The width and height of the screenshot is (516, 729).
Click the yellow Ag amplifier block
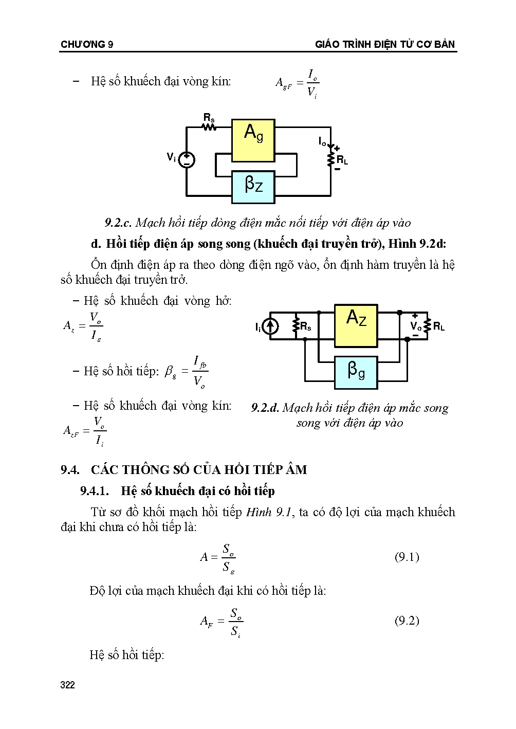pyautogui.click(x=253, y=140)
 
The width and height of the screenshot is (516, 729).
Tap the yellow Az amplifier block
pyautogui.click(x=356, y=325)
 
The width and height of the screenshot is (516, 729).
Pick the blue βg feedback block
pyautogui.click(x=356, y=371)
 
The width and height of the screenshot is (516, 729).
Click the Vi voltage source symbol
pyautogui.click(x=186, y=160)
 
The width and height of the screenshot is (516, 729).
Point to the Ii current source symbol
pyautogui.click(x=271, y=326)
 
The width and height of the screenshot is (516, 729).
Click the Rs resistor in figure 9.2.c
pyautogui.click(x=209, y=126)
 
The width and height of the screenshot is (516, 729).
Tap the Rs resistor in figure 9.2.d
pyautogui.click(x=296, y=326)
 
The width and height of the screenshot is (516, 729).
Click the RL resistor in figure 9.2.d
pyautogui.click(x=427, y=326)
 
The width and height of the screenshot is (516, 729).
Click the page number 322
pyautogui.click(x=68, y=685)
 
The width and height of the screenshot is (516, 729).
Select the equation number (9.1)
pyautogui.click(x=407, y=557)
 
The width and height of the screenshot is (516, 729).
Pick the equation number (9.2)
pyautogui.click(x=407, y=621)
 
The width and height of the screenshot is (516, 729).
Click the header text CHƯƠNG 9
pyautogui.click(x=87, y=45)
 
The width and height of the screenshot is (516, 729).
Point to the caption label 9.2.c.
pyautogui.click(x=119, y=223)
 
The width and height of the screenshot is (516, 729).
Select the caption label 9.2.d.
pyautogui.click(x=265, y=408)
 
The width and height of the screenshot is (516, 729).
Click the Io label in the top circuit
pyautogui.click(x=322, y=140)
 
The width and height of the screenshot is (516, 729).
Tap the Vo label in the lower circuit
pyautogui.click(x=416, y=326)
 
